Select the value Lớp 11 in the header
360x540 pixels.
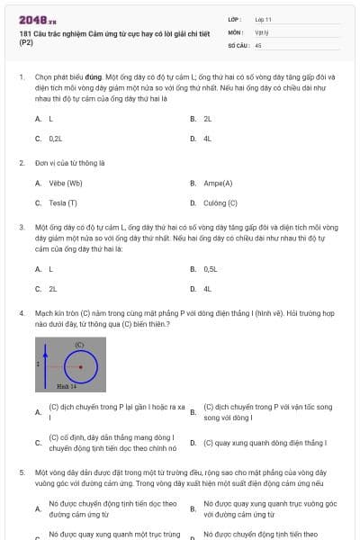pyautogui.click(x=264, y=18)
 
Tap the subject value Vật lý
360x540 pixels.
pyautogui.click(x=261, y=31)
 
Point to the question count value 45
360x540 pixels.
pyautogui.click(x=258, y=43)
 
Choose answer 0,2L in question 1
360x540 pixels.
pyautogui.click(x=56, y=139)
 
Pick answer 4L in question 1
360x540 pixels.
pyautogui.click(x=207, y=139)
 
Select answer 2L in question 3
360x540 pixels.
pyautogui.click(x=52, y=289)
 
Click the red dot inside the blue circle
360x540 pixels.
pyautogui.click(x=81, y=366)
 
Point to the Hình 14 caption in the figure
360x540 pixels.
pyautogui.click(x=67, y=385)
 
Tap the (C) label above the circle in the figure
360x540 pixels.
pyautogui.click(x=79, y=345)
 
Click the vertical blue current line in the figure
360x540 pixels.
pyautogui.click(x=41, y=364)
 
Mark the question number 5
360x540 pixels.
pyautogui.click(x=21, y=471)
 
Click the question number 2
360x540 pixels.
pyautogui.click(x=21, y=163)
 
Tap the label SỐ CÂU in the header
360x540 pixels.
pyautogui.click(x=238, y=43)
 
